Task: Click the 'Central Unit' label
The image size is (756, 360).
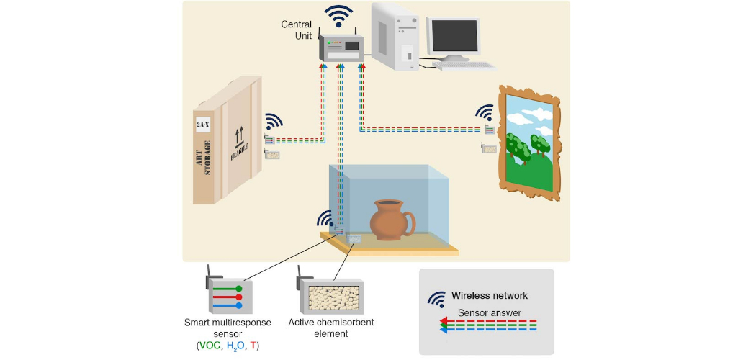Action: pos(297,31)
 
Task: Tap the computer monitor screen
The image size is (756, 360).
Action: pos(454,35)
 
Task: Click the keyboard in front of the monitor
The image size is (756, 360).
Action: pos(464,66)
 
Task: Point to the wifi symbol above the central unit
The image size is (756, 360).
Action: pos(338,17)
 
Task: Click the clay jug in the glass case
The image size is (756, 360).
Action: pos(392,219)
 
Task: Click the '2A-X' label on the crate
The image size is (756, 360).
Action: pos(203,125)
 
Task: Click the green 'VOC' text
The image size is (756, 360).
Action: pos(210,346)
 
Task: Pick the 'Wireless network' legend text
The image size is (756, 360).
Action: pos(490,295)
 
